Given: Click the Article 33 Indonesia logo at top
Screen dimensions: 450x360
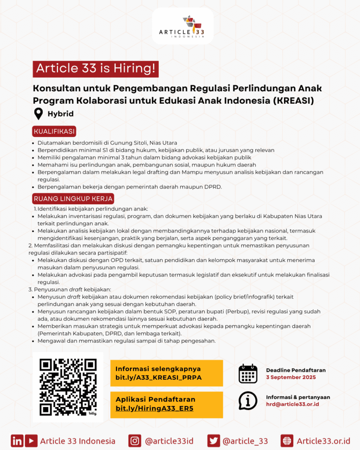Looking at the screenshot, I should [x=182, y=26].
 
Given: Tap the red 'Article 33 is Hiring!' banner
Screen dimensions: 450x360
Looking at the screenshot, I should [x=95, y=69].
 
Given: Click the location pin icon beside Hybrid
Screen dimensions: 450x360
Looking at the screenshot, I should [x=39, y=114].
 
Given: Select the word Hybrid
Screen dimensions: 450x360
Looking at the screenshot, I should [x=61, y=114].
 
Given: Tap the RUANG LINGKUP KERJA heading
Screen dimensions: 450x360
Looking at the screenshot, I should [x=73, y=199].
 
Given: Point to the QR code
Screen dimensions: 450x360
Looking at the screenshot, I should [x=68, y=387].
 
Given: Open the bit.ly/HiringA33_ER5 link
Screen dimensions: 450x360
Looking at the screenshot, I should [x=154, y=408].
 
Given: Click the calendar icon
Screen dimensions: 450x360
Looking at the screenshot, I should [x=248, y=374].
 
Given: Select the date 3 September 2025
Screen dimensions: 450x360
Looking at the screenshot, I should [x=291, y=377].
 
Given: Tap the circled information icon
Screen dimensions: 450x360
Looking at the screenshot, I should [x=248, y=400].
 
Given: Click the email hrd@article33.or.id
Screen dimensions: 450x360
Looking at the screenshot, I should [x=292, y=404].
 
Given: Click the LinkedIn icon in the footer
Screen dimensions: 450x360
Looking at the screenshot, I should [x=17, y=441].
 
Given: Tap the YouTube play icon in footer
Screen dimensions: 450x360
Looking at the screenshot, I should [x=31, y=441].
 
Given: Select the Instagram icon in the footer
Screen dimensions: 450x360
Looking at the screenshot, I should [x=135, y=441].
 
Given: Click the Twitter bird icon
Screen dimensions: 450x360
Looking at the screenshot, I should [x=214, y=441].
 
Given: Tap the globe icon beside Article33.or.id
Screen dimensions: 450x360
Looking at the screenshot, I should [x=287, y=441].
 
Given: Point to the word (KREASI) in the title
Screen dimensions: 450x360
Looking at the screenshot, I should [x=294, y=100].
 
